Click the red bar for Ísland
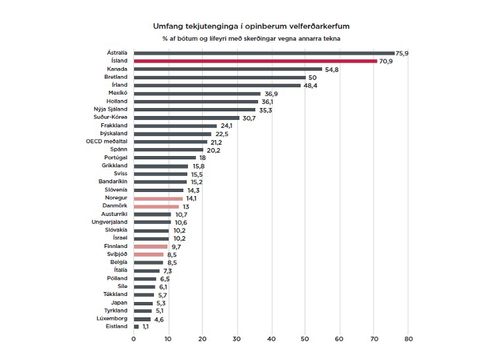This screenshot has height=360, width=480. (255, 61)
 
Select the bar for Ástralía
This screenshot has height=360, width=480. (264, 53)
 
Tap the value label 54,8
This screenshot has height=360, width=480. (332, 69)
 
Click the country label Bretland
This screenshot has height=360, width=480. (117, 77)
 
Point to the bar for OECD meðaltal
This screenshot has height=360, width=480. (170, 141)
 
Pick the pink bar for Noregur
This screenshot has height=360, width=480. (158, 198)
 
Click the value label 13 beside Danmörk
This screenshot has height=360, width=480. (186, 206)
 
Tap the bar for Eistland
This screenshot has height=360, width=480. (136, 327)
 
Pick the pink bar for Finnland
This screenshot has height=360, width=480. (150, 246)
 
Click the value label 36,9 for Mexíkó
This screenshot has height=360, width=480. (271, 93)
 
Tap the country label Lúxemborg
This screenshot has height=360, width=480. (112, 319)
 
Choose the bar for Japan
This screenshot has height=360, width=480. (143, 303)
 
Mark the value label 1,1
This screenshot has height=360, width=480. (147, 327)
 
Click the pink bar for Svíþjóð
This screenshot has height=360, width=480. (148, 254)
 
